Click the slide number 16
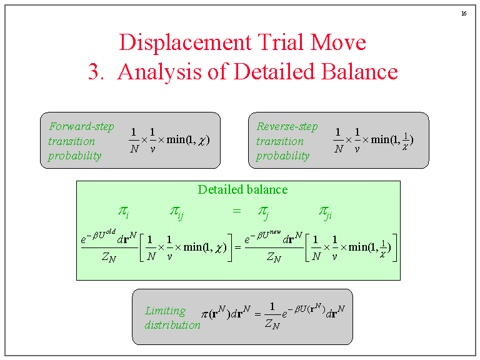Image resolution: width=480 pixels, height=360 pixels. coord(464,14)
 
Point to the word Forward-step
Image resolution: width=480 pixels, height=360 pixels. coord(82,126)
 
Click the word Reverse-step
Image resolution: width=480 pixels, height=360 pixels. coord(287,126)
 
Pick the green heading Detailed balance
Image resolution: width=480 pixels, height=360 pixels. coord(242,189)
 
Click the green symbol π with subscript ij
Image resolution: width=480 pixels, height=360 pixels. coord(177,212)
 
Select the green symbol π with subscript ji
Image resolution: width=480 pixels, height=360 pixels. coord(326,212)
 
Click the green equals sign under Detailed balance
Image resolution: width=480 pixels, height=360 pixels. coord(236,212)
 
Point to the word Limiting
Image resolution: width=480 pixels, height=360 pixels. coord(166,311)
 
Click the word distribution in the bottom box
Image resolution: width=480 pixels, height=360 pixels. coord(172,325)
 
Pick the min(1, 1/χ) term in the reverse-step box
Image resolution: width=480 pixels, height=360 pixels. coord(392,139)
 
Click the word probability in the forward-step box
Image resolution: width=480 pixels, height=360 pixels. coord(74,156)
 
